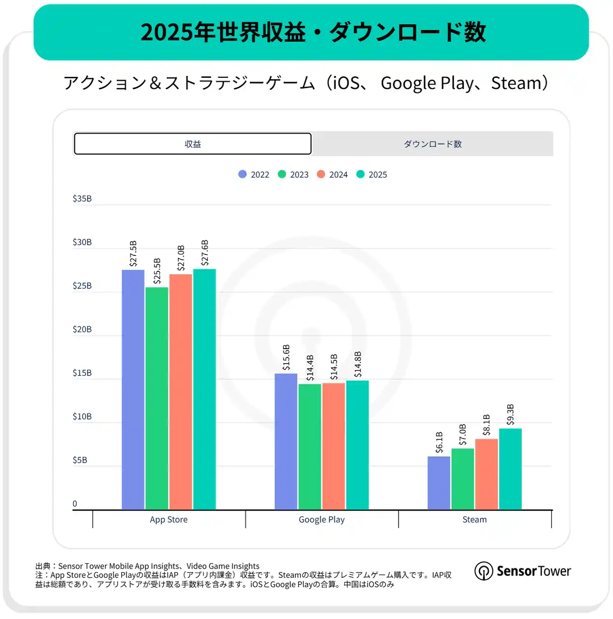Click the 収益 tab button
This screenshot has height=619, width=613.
tap(192, 144)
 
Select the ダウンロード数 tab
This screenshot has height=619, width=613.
tap(432, 144)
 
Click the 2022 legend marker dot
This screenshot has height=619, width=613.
tap(242, 174)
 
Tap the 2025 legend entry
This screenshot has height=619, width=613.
tap(372, 175)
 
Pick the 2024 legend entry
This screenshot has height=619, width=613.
tap(332, 175)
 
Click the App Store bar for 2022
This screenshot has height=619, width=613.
tap(133, 389)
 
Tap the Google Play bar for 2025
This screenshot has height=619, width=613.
tap(357, 445)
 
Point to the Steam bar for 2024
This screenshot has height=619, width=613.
tap(486, 474)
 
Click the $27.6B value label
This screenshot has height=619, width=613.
tap(205, 253)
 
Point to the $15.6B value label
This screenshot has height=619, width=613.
tap(286, 357)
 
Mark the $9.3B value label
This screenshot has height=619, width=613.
tap(511, 414)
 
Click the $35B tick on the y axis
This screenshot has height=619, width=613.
tap(82, 199)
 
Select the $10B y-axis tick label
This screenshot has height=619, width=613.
tap(82, 416)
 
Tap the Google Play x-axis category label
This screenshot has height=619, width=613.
tap(322, 519)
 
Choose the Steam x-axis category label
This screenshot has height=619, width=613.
tap(474, 519)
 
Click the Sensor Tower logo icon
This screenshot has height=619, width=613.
tap(484, 571)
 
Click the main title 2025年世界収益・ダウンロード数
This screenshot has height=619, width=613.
tap(313, 32)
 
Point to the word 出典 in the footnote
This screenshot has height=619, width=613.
tap(43, 566)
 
